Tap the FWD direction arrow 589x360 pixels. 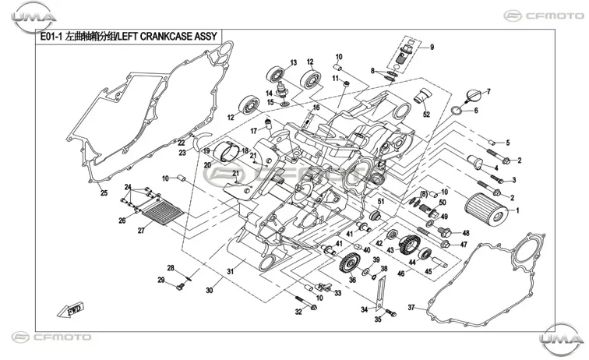70,309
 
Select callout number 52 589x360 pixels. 426,115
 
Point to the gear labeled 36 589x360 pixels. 349,263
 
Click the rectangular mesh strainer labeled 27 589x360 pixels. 162,211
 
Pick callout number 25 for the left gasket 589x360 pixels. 104,192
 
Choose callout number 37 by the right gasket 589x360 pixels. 411,307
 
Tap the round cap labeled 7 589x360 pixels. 473,96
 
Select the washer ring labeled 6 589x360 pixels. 457,111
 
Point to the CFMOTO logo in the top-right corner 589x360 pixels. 544,16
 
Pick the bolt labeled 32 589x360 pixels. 306,303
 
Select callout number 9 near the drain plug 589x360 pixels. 432,48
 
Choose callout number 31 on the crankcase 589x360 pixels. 231,271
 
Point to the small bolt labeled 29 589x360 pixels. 180,287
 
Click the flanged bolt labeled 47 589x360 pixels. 446,244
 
